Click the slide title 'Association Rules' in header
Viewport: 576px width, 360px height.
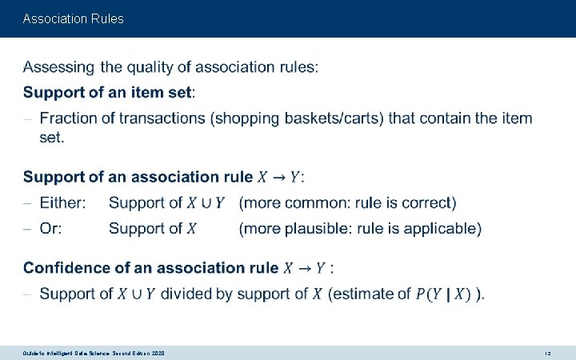(74, 18)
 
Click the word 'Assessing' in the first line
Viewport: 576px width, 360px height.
(58, 68)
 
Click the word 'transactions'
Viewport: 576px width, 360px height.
(168, 118)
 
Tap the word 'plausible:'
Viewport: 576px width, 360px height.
(325, 229)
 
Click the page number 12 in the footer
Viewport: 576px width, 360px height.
(547, 353)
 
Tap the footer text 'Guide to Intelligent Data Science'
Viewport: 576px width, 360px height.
(80, 353)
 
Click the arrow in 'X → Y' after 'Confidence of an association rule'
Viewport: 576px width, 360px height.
(305, 268)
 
